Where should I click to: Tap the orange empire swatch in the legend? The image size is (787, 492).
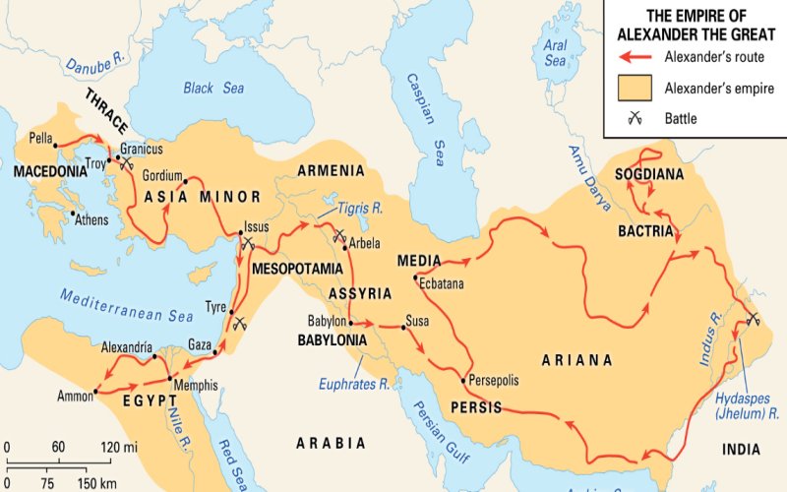(x=636, y=87)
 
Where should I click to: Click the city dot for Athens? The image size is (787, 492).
(x=72, y=213)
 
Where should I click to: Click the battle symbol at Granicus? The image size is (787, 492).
(x=125, y=164)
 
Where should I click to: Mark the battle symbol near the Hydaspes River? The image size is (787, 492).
(x=753, y=317)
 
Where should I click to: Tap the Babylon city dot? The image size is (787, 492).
(x=351, y=322)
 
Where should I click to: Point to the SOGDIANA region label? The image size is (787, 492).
(x=647, y=174)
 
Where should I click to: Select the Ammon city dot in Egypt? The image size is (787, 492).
(x=95, y=394)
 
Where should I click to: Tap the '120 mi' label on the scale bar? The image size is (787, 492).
(x=124, y=447)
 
